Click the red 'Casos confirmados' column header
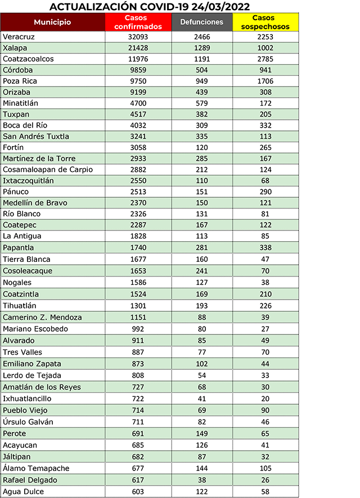[138, 22]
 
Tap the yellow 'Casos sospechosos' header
[264, 22]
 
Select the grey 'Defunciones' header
[201, 22]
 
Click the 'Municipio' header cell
[52, 22]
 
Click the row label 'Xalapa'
[15, 48]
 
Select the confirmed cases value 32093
[138, 37]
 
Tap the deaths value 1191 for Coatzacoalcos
[201, 59]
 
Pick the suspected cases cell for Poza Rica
[264, 81]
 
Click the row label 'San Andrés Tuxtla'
[36, 136]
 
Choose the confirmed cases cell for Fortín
[138, 147]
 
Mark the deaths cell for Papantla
[201, 247]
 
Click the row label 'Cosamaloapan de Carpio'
[48, 169]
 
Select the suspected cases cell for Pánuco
[264, 192]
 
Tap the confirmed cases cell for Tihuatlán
[138, 305]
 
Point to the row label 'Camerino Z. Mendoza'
[42, 317]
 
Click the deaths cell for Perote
[201, 433]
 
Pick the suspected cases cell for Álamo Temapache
[264, 468]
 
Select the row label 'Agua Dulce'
[23, 491]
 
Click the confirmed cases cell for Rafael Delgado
[138, 479]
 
